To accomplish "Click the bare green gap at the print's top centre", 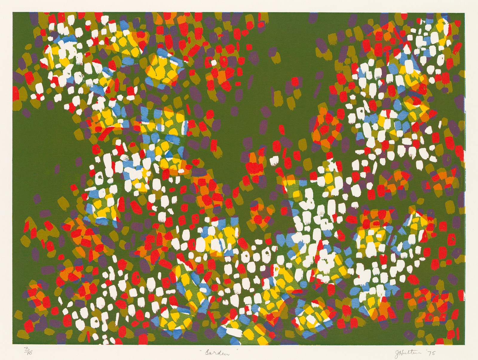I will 287,30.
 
